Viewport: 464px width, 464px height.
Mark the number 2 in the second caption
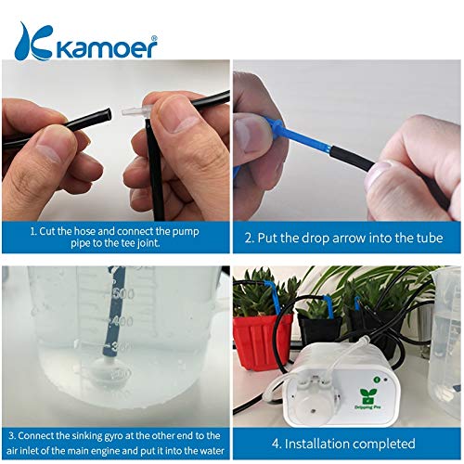tap(250, 238)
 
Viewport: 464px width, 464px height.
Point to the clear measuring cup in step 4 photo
tap(443, 325)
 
